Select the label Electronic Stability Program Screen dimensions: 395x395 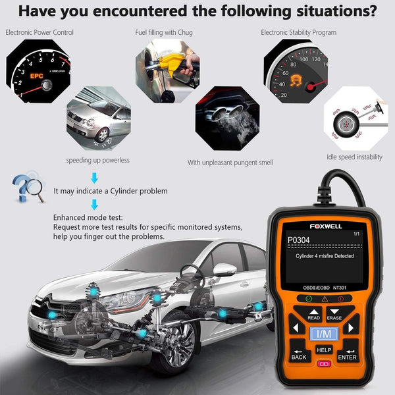[298, 32]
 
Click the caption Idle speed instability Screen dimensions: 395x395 [355, 157]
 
